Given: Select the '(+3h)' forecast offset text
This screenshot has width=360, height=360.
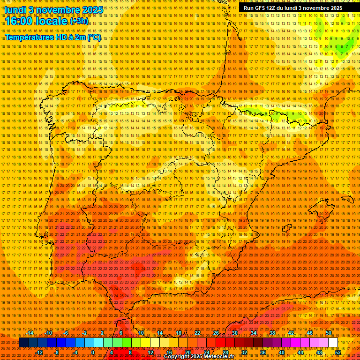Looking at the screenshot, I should (78, 21).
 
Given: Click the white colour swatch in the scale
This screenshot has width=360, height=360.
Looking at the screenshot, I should (333, 343).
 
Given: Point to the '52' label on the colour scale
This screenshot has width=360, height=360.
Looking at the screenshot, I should (337, 352).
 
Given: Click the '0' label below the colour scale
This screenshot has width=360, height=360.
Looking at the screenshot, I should (93, 352).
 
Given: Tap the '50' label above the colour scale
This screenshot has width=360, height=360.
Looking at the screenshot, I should (328, 333).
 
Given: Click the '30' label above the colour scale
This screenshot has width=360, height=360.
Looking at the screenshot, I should (234, 333).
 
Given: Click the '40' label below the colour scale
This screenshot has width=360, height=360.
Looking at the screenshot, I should (281, 352).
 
